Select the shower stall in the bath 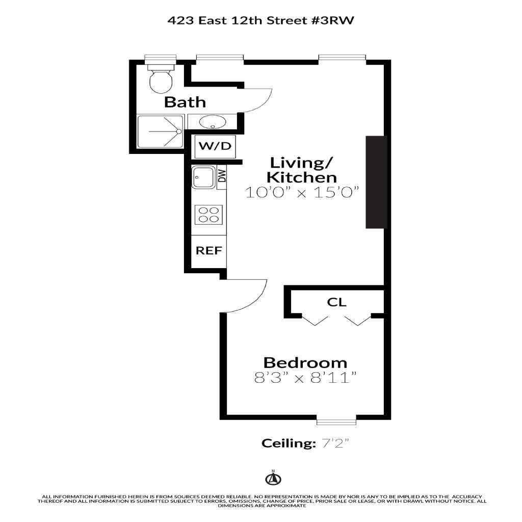[161, 132]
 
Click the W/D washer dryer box [215, 146]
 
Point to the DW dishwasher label [222, 176]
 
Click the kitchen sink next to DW [203, 178]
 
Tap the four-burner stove [208, 215]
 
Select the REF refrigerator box [208, 251]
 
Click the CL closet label [336, 302]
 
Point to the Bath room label [185, 102]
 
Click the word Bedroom [305, 362]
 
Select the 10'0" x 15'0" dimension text [303, 193]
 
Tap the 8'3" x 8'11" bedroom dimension [305, 378]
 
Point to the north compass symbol [273, 478]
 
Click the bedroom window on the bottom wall [336, 422]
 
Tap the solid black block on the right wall [377, 182]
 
